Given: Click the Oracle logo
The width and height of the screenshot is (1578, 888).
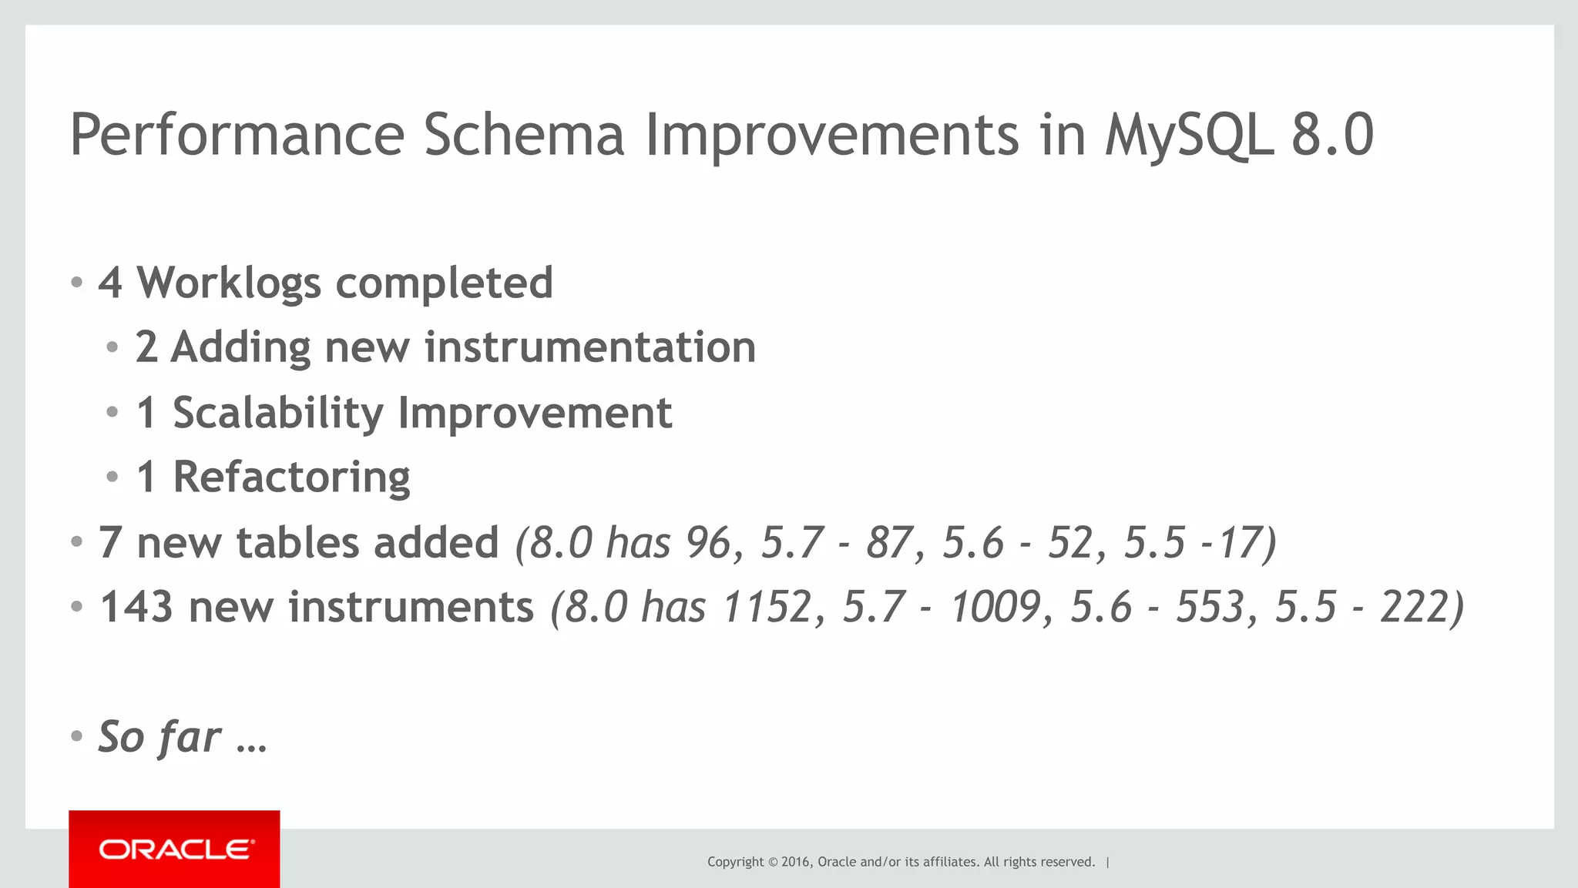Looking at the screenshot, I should click(174, 849).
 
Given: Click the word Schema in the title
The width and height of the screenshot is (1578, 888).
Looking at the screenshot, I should click(523, 136).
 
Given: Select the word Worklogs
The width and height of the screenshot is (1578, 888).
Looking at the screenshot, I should click(229, 283).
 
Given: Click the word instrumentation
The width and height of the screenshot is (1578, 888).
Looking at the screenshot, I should click(589, 347).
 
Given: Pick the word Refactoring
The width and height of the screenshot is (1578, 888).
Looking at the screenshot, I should click(291, 478).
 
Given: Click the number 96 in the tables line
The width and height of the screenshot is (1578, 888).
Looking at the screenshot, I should click(707, 542).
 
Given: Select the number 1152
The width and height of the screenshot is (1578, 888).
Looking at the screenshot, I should click(767, 607).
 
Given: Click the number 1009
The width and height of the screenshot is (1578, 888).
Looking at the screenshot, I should click(995, 607).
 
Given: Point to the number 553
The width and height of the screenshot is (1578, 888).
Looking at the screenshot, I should click(1210, 607).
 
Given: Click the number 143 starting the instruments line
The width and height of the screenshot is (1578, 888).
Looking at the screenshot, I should click(136, 607).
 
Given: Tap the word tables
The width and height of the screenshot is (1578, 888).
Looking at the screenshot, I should click(297, 542).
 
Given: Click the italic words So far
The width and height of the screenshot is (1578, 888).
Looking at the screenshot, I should click(159, 737).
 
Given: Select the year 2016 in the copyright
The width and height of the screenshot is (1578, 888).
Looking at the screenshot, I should click(795, 862).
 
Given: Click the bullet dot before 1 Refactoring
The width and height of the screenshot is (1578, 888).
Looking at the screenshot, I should click(112, 478).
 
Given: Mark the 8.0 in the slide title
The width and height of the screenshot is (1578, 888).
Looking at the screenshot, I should click(1332, 136).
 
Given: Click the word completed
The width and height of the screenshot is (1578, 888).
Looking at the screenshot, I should click(444, 283).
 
